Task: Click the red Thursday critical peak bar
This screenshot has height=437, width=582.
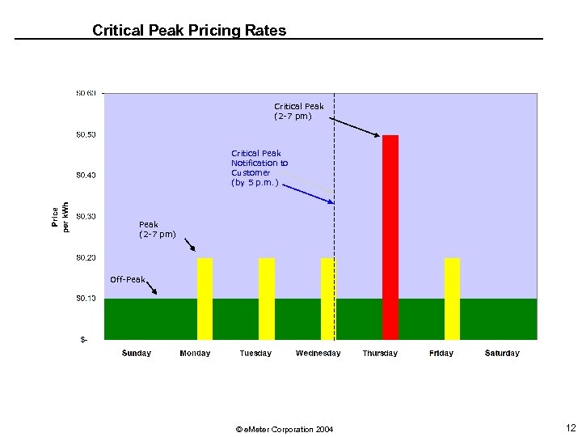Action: click(390, 237)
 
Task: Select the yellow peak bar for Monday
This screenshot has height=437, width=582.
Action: click(205, 299)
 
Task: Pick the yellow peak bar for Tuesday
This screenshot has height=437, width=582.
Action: click(267, 299)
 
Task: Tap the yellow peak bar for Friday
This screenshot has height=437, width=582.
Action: click(452, 299)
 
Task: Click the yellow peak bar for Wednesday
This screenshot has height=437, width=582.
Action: click(327, 299)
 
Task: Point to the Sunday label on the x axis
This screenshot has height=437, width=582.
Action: click(137, 353)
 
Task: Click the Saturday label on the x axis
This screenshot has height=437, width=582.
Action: click(502, 353)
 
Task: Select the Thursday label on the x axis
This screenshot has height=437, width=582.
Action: click(380, 353)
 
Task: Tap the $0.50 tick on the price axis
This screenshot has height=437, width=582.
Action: click(86, 134)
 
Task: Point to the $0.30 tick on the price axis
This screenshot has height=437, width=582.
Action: click(86, 216)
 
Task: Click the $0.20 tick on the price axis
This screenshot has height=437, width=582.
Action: click(86, 257)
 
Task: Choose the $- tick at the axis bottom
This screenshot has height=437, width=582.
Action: click(84, 339)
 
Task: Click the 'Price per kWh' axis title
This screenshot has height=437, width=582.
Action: click(61, 216)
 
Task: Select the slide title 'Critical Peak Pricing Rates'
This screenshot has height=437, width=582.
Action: click(189, 31)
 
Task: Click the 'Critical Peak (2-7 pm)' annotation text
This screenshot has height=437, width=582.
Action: click(298, 111)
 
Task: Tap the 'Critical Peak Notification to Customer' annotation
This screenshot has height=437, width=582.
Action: click(259, 168)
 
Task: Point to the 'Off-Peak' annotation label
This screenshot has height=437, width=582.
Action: click(128, 280)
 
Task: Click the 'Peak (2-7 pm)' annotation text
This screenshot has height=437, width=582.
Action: click(157, 229)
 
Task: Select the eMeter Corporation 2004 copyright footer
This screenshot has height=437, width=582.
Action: click(284, 429)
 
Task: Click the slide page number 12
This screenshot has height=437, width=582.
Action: click(571, 427)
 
